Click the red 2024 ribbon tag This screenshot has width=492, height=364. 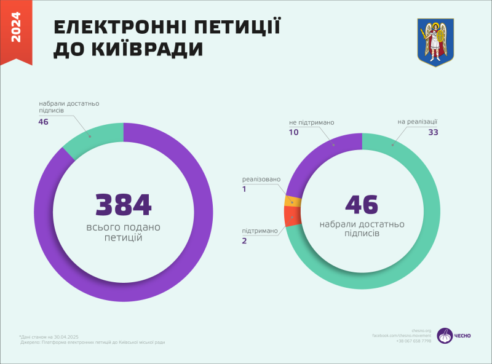(x=16, y=31)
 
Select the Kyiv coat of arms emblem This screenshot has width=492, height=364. (x=435, y=42)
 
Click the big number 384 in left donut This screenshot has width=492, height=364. (x=123, y=205)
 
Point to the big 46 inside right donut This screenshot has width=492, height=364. (x=362, y=205)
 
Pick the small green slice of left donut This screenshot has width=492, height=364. (x=94, y=138)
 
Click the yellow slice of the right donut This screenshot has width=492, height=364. (x=293, y=202)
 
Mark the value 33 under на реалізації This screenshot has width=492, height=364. (x=433, y=132)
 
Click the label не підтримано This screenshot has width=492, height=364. (x=312, y=122)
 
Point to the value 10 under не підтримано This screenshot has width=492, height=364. (x=293, y=132)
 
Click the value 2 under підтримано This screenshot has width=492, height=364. (x=244, y=241)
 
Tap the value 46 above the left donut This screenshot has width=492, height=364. (x=43, y=122)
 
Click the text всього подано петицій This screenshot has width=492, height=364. (x=123, y=232)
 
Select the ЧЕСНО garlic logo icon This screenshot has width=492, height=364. (x=444, y=335)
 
